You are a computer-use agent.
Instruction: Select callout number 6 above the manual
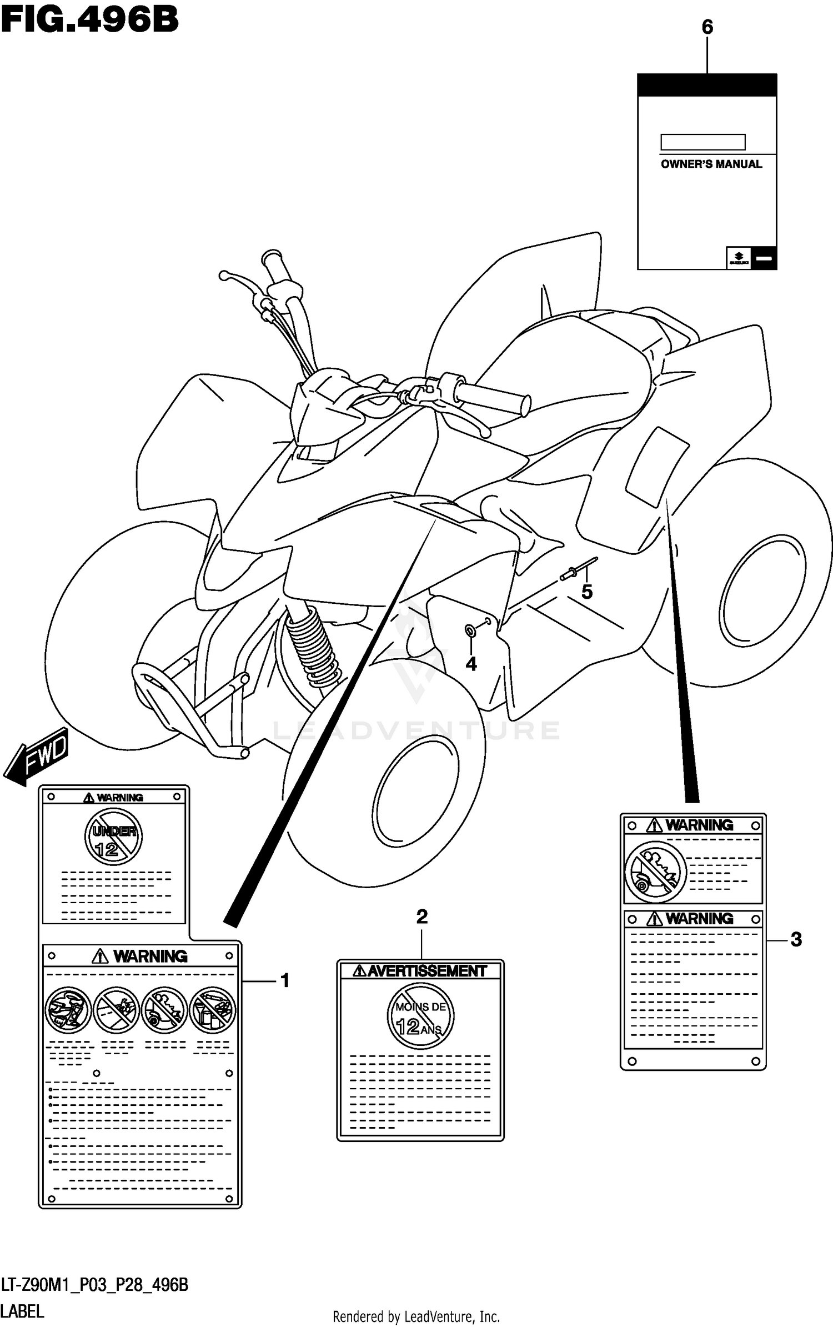[707, 27]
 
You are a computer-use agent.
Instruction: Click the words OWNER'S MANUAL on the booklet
[711, 164]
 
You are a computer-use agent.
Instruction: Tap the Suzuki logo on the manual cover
[739, 258]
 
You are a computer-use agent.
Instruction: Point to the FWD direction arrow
[36, 756]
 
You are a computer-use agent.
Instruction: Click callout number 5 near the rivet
[587, 592]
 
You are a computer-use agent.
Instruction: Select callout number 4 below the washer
[471, 664]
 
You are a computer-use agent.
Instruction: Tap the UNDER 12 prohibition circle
[113, 837]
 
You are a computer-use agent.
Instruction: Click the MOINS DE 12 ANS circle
[420, 1016]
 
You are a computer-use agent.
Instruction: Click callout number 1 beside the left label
[285, 981]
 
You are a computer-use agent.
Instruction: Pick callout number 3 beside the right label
[796, 939]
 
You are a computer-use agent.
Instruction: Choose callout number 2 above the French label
[422, 917]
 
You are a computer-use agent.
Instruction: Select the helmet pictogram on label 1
[68, 1010]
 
